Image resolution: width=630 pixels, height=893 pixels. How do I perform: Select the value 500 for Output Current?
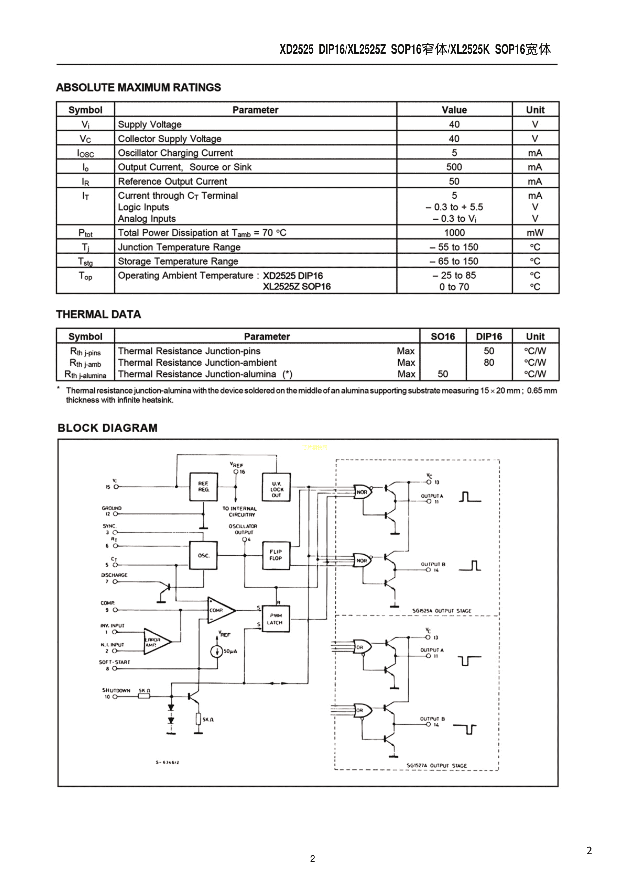pyautogui.click(x=454, y=167)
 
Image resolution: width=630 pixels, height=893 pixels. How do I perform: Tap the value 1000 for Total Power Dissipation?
pyautogui.click(x=454, y=233)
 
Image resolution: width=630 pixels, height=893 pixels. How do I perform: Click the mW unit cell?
pyautogui.click(x=535, y=233)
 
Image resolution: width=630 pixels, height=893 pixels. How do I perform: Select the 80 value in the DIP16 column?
pyautogui.click(x=489, y=362)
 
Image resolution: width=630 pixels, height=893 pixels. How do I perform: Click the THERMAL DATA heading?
pyautogui.click(x=99, y=314)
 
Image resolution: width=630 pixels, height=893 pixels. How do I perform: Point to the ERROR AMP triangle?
pyautogui.click(x=155, y=642)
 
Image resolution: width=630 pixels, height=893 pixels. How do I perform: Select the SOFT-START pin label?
pyautogui.click(x=115, y=662)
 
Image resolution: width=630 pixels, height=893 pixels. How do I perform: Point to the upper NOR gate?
pyautogui.click(x=362, y=492)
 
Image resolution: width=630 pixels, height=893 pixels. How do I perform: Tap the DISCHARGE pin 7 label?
pyautogui.click(x=114, y=575)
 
